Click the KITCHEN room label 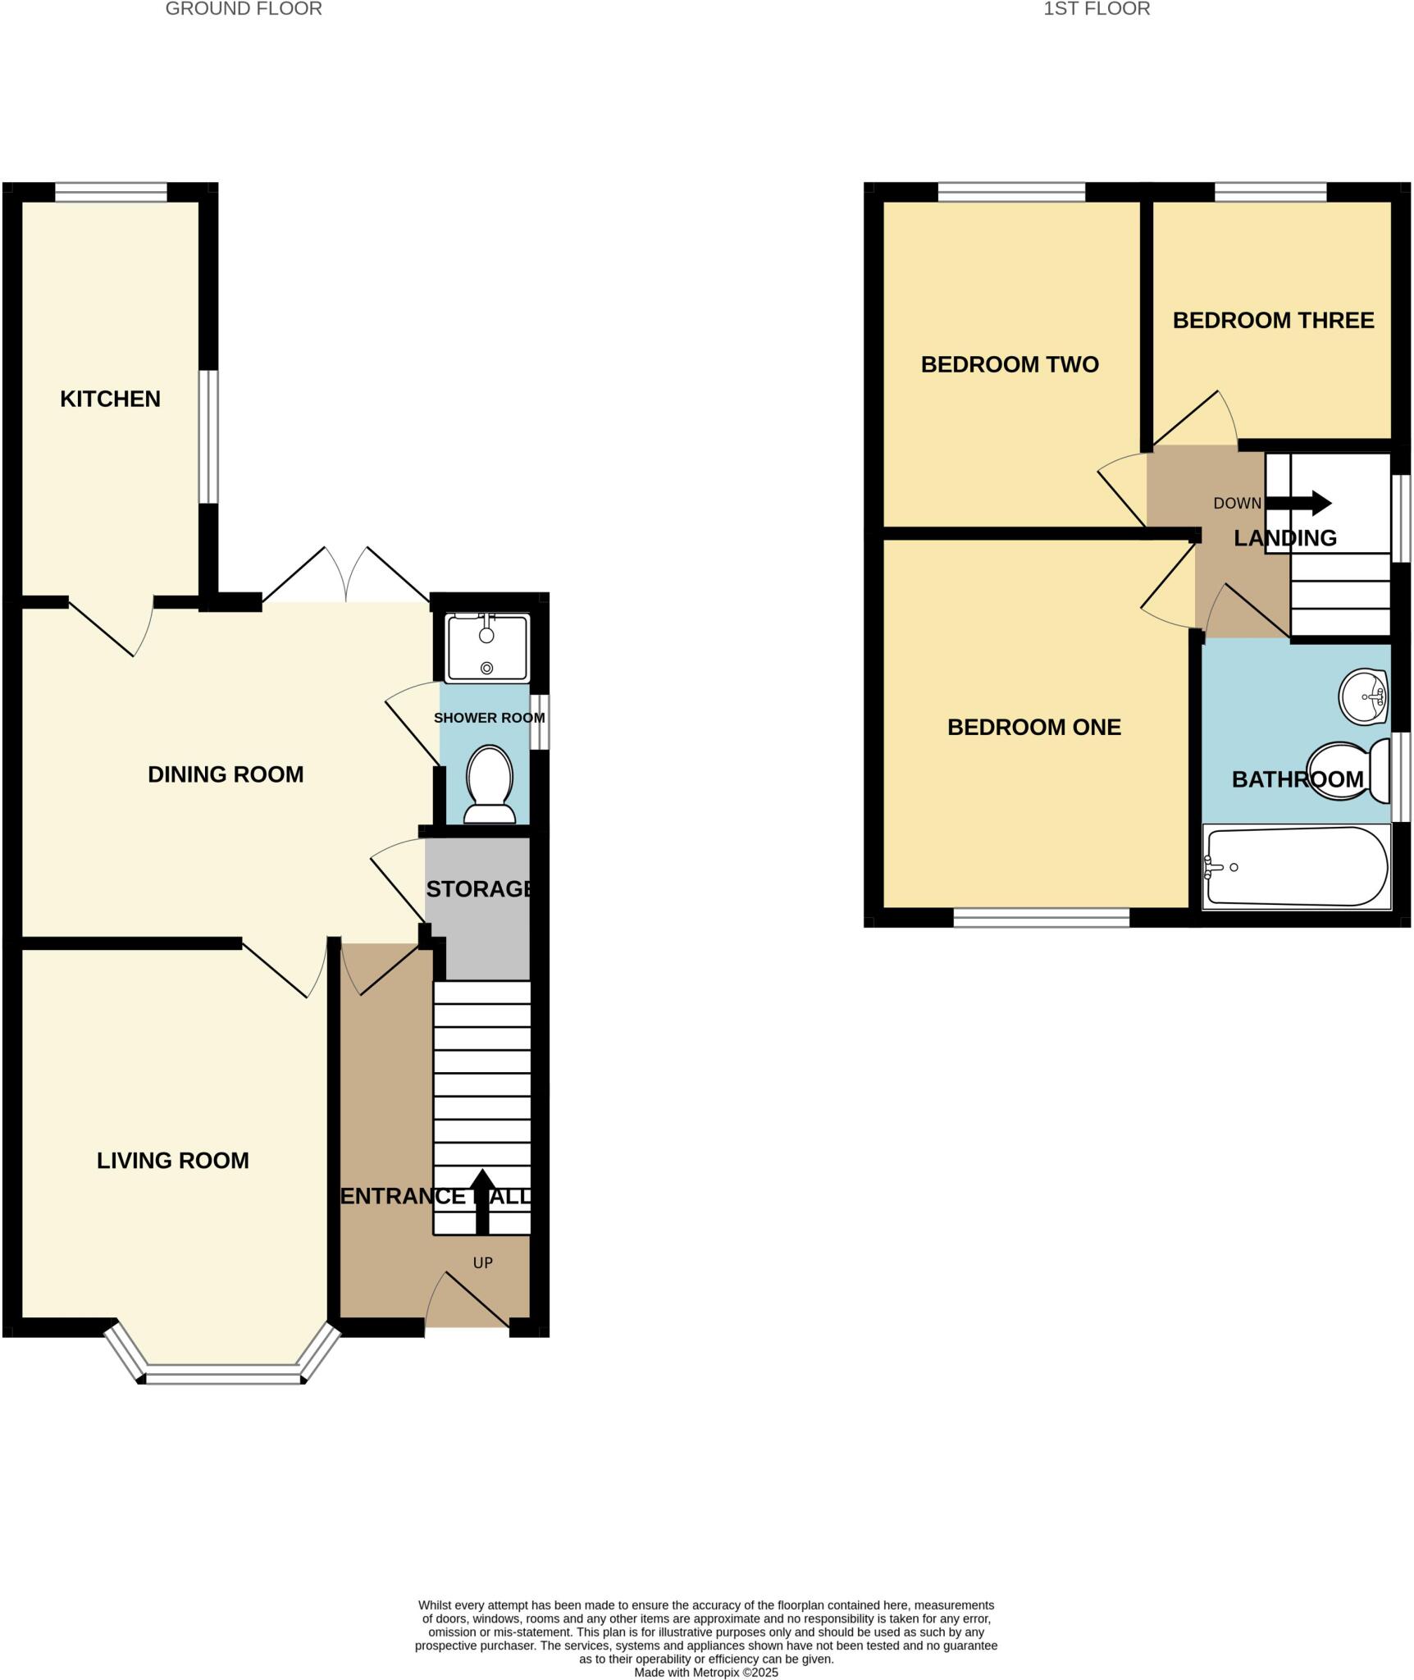[110, 399]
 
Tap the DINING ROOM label [226, 774]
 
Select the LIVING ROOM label [172, 1161]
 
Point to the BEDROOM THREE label [1273, 321]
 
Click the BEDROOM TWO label [1010, 364]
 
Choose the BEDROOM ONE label [1033, 728]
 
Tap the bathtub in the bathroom [1297, 867]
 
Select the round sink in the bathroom [1363, 697]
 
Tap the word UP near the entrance [483, 1263]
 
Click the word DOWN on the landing [1237, 504]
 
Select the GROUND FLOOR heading [244, 9]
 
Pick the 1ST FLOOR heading [1097, 9]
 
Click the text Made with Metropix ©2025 [706, 1672]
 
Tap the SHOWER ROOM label [489, 718]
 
